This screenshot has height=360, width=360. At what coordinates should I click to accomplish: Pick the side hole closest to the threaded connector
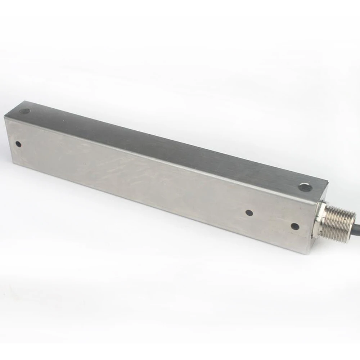[294, 226]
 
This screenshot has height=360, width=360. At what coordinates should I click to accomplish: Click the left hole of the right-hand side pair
[248, 213]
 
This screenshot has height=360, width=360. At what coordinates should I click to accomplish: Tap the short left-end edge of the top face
[14, 107]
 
